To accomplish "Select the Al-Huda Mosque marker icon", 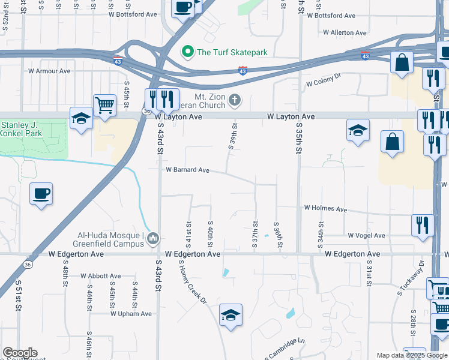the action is [154, 239].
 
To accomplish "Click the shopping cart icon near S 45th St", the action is [104, 106].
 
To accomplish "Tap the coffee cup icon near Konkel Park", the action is [41, 194].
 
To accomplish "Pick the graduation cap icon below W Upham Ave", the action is [230, 315].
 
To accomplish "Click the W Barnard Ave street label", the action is [187, 170].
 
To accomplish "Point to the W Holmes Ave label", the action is [325, 209].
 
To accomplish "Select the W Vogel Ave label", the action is [366, 236].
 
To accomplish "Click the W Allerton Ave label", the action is [345, 33].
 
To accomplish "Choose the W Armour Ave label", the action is [49, 71].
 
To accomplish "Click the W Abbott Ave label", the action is [100, 276].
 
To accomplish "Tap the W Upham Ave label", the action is [131, 314].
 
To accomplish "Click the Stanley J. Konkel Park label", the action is [17, 130].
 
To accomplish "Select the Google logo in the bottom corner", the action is [20, 353].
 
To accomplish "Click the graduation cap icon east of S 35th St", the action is [357, 130].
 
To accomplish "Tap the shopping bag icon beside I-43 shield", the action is [402, 62].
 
